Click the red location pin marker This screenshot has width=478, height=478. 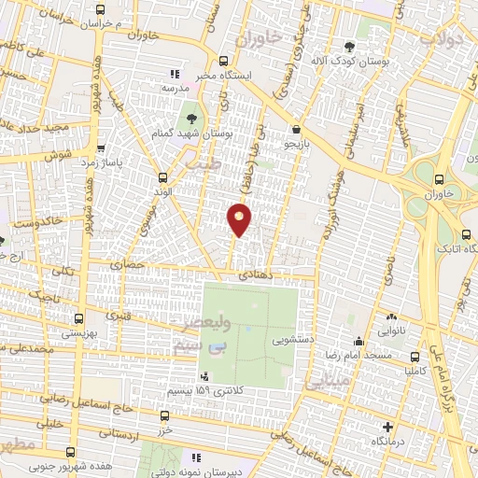(x=240, y=219)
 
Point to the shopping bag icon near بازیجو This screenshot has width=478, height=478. (x=297, y=130)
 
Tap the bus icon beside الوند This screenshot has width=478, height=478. (x=164, y=176)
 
